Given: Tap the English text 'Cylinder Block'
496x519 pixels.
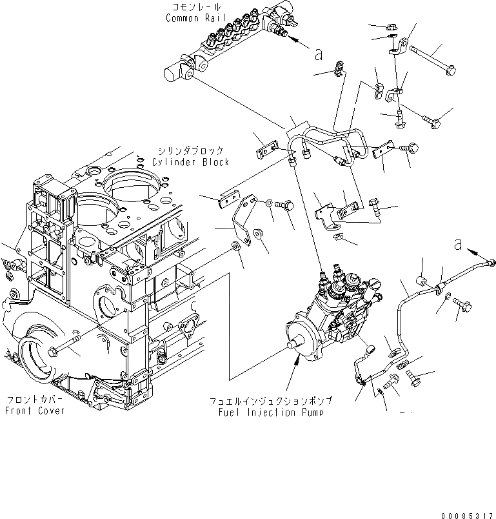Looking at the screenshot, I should click(190, 161).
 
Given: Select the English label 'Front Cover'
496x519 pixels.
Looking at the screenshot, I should click(34, 411).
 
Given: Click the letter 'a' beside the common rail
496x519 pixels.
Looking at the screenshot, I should click(317, 54).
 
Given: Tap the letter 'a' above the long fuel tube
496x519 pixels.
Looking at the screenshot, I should click(458, 243).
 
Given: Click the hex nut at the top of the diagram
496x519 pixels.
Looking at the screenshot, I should click(390, 27).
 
